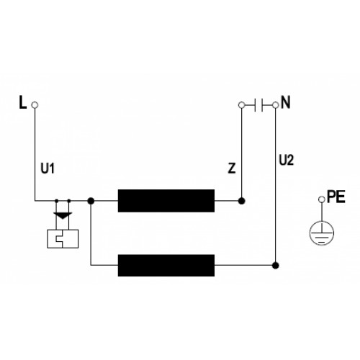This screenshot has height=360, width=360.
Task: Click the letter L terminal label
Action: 23,102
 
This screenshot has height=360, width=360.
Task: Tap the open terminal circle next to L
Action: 35,105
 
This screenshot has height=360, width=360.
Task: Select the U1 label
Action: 48,168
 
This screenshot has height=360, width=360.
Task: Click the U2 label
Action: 287,160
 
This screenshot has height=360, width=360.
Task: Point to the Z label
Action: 232,168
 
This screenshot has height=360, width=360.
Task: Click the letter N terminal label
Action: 285,102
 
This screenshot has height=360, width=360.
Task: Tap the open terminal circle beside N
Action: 276,105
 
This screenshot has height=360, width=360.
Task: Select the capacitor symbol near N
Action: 258,105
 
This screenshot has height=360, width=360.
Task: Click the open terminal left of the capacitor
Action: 242,105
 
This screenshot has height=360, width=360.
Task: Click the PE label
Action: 336,197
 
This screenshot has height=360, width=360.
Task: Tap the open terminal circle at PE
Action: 322,199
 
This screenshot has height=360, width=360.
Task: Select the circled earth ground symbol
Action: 322,233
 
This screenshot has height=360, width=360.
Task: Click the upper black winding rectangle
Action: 166,201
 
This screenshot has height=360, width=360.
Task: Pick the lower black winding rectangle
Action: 166,266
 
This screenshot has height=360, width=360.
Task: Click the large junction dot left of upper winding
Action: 91,201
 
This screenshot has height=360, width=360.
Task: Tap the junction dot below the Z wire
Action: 242,201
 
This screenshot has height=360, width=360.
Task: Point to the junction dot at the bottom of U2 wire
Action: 276,266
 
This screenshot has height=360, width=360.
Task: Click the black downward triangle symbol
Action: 63,215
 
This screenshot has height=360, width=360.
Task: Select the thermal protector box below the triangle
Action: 63,239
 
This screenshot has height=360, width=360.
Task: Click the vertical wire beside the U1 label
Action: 35,154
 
